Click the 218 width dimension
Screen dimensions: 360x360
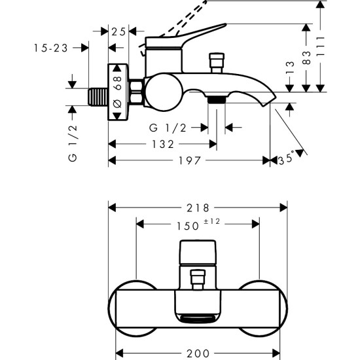click(x=197, y=208)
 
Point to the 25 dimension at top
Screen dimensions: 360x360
click(x=119, y=31)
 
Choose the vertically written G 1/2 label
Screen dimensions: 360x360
click(x=73, y=145)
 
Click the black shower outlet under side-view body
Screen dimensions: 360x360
click(x=216, y=99)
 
